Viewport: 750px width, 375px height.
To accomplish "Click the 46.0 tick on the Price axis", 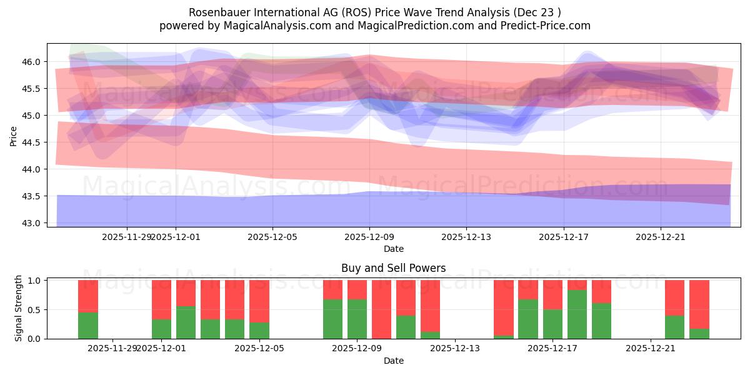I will (x=32, y=62).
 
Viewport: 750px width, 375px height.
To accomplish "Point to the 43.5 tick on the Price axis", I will (x=32, y=196).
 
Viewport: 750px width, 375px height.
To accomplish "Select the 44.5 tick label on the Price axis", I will (x=32, y=142).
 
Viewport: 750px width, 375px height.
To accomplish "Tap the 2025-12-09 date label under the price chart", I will (x=369, y=237).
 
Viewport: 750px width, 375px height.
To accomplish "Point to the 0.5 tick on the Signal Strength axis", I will (x=35, y=310).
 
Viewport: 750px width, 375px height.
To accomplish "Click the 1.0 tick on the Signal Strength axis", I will (x=35, y=281).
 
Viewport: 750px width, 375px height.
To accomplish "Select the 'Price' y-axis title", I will (x=14, y=135).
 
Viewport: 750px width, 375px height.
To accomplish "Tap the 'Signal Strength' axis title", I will (x=19, y=308).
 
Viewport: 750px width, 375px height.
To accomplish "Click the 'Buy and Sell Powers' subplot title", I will (x=393, y=268).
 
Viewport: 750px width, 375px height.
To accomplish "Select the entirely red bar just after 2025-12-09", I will (x=381, y=309).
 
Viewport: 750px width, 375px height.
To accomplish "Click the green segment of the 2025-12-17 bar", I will (x=552, y=324).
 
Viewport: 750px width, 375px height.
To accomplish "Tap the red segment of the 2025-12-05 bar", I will (x=259, y=301).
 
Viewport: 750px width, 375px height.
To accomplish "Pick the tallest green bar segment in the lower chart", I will (x=577, y=314).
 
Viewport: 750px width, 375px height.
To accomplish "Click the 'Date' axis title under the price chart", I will (x=393, y=249).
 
